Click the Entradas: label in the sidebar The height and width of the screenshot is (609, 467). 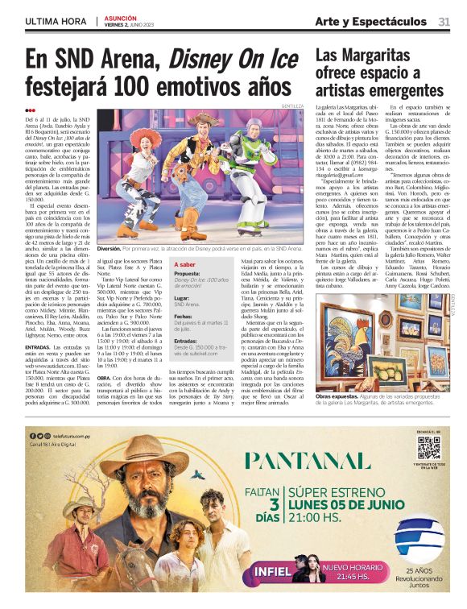coord(188,341)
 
